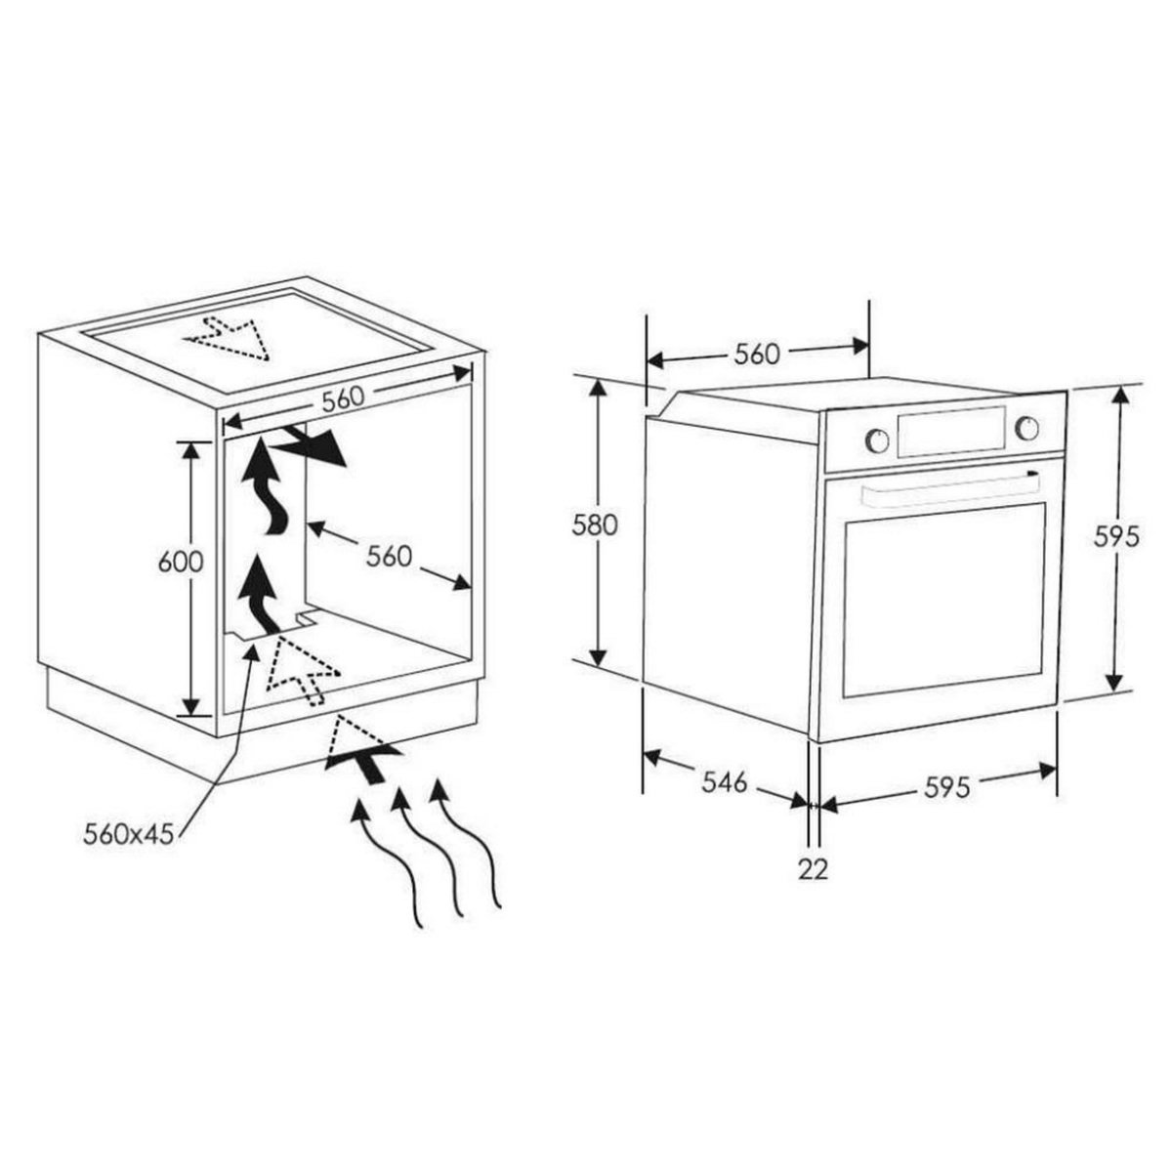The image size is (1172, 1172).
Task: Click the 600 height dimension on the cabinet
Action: [181, 562]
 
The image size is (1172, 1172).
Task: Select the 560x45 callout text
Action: [128, 834]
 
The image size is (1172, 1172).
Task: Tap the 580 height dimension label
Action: [594, 524]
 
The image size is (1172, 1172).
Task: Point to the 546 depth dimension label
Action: [725, 782]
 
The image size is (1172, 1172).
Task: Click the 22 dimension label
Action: [814, 870]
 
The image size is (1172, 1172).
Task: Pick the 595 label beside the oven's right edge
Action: [1116, 536]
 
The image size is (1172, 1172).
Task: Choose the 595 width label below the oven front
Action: [947, 787]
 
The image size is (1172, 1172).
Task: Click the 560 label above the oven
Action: [757, 355]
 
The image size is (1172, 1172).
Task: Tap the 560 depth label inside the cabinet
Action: [390, 556]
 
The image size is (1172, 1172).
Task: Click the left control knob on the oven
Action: [877, 439]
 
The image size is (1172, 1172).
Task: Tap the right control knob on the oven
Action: [1026, 428]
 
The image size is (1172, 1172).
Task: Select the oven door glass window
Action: [943, 599]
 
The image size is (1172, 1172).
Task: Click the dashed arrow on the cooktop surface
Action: [230, 338]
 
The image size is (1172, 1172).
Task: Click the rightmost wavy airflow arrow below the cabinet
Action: [465, 851]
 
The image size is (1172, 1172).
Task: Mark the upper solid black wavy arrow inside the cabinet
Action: [264, 485]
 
